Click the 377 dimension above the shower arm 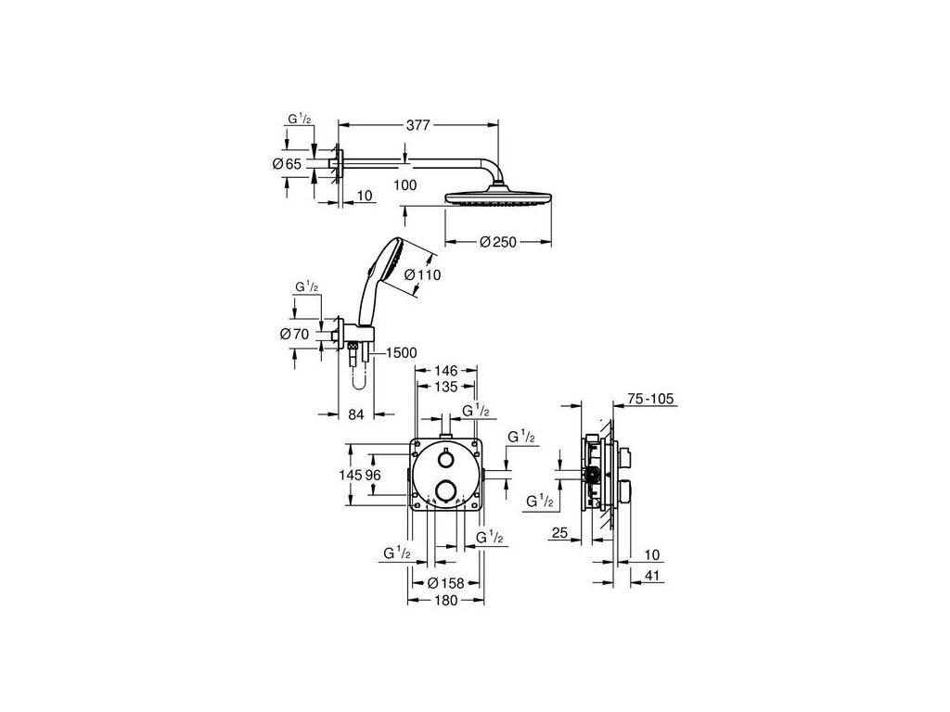tap(418, 122)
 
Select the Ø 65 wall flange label tap(288, 163)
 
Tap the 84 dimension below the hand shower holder tap(355, 414)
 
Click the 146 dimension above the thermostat tap(445, 369)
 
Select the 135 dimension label tap(445, 386)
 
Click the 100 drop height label tap(405, 185)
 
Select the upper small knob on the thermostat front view tap(445, 461)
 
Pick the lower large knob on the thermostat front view tap(445, 491)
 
